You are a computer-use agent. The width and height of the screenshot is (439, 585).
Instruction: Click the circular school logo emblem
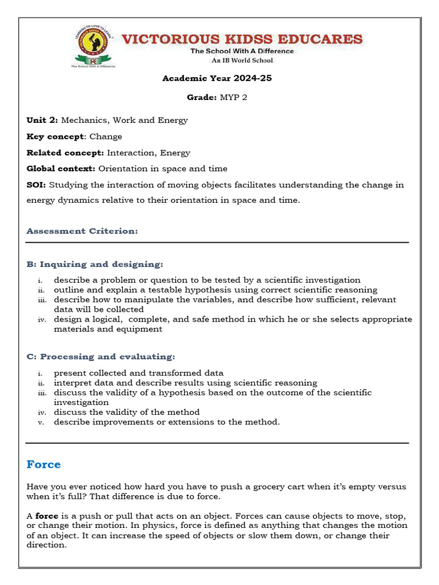click(x=93, y=45)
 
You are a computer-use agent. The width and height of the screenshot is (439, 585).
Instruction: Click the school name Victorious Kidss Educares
click(x=243, y=39)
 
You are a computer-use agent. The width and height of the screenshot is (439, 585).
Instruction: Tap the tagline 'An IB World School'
click(x=242, y=60)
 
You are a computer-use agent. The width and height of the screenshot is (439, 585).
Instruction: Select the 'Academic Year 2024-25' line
click(x=217, y=78)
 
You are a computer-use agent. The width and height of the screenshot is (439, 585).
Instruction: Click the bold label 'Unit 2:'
click(x=42, y=121)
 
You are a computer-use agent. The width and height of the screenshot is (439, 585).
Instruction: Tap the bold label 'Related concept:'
click(x=65, y=153)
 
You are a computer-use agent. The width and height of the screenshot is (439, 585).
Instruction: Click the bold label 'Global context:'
click(x=61, y=169)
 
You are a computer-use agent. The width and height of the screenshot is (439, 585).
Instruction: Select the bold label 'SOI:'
click(x=37, y=185)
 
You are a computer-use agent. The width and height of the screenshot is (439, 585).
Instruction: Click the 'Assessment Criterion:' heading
click(x=82, y=231)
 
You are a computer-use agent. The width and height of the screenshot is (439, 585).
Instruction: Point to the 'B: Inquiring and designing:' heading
click(x=95, y=264)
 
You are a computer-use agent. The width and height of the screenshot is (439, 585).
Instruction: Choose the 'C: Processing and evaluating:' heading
click(x=101, y=356)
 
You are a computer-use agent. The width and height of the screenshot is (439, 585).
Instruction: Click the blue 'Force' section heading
click(x=43, y=464)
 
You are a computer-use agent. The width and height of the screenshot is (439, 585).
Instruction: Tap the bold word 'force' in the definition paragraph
click(x=47, y=516)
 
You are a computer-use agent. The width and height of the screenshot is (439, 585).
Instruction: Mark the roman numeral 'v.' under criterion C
click(x=41, y=422)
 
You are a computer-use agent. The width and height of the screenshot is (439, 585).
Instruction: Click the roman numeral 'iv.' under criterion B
click(x=42, y=319)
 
